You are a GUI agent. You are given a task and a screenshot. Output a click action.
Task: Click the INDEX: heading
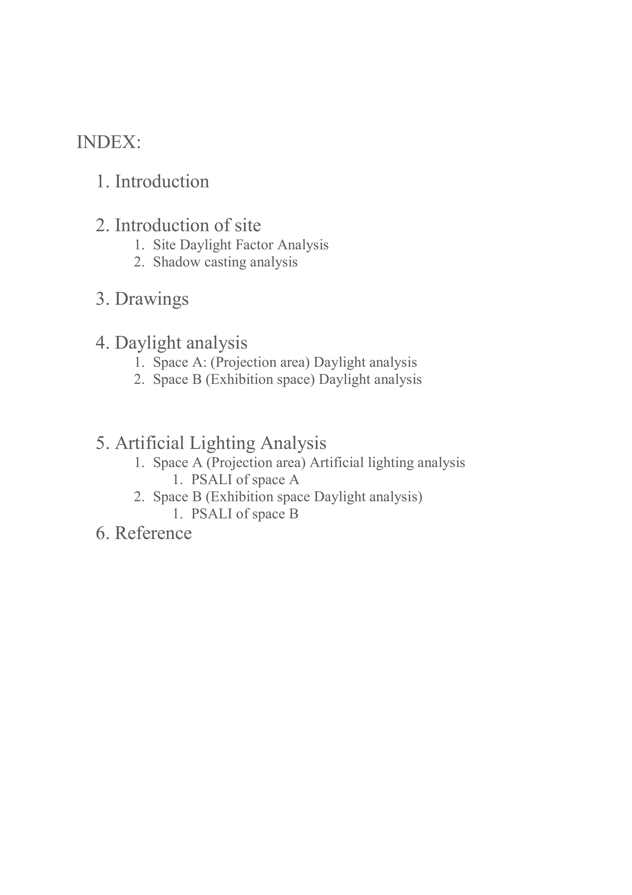(x=109, y=142)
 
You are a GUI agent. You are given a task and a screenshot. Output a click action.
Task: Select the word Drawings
(x=152, y=299)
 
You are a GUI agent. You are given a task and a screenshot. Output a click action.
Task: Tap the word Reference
(x=153, y=533)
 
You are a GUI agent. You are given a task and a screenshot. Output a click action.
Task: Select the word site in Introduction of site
(x=248, y=225)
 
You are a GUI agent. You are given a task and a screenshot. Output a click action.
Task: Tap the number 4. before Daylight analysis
(x=102, y=343)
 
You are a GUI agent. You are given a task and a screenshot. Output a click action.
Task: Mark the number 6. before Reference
(x=102, y=533)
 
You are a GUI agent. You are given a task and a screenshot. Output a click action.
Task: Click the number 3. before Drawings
(x=102, y=299)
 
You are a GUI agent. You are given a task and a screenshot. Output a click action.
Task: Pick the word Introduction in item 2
(x=162, y=225)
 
